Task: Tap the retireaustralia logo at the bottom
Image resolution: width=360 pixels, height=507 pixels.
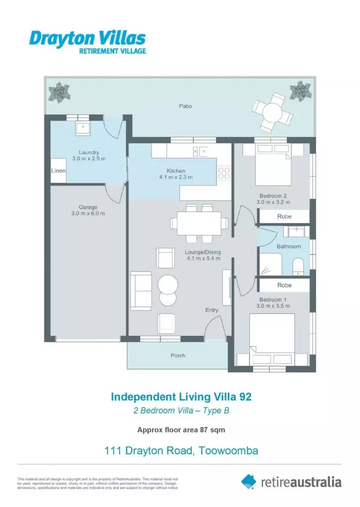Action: (291, 481)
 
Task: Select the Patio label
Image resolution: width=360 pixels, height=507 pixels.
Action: (185, 106)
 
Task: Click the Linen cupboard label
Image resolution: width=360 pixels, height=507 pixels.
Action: (58, 171)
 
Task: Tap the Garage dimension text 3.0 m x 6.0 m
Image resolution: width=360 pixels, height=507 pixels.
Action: (88, 214)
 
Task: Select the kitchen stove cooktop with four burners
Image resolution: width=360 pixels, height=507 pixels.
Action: (224, 173)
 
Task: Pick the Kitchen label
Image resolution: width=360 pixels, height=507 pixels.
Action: (176, 171)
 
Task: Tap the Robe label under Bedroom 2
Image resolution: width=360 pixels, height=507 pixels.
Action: (284, 216)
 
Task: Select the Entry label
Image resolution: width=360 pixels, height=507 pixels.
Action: (212, 310)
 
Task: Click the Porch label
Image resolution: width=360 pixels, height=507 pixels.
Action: (177, 355)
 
